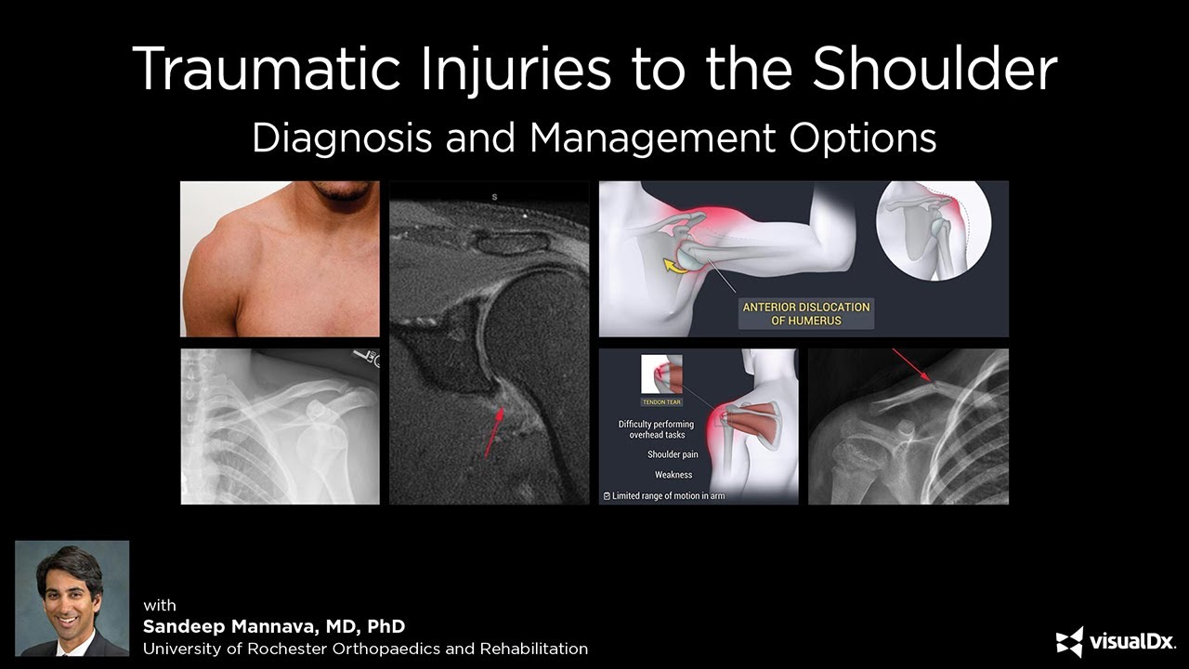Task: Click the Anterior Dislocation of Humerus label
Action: click(805, 314)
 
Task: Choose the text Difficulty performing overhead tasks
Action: click(656, 429)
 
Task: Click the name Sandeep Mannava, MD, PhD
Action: click(274, 626)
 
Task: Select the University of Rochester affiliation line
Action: click(365, 649)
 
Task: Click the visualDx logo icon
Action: click(1069, 642)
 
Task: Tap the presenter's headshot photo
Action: click(72, 598)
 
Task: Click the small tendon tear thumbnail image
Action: click(662, 374)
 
